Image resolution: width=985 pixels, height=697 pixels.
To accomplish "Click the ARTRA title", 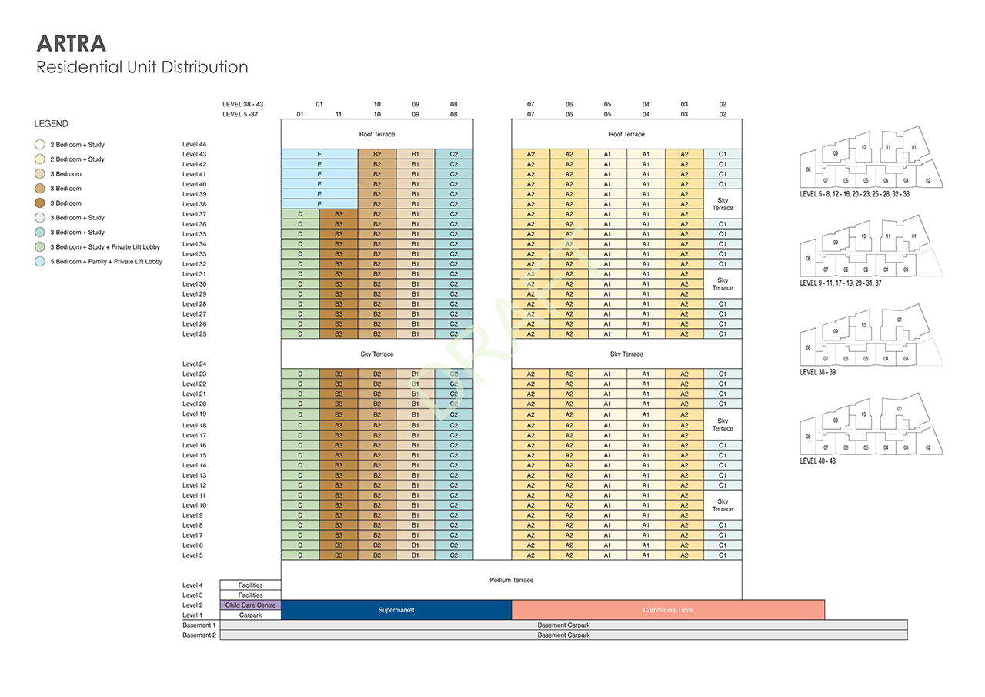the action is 72,43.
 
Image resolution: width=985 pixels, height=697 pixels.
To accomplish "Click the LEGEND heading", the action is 51,124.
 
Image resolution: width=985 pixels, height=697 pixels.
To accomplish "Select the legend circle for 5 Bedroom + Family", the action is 39,261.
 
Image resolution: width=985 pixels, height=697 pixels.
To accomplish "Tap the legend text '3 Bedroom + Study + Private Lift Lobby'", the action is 105,247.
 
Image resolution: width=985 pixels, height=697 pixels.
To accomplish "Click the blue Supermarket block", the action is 396,610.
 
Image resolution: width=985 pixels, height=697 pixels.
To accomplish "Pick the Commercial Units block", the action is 668,610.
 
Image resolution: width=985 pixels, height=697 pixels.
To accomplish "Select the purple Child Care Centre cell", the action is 250,605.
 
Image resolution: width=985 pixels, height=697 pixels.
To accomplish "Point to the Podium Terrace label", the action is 512,580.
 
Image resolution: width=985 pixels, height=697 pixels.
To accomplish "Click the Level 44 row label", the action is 195,144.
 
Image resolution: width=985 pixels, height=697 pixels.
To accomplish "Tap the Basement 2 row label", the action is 199,635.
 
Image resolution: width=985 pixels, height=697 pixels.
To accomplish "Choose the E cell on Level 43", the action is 319,154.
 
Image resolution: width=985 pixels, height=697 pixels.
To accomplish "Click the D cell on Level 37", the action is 300,214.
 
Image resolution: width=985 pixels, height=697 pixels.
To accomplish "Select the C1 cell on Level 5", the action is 723,555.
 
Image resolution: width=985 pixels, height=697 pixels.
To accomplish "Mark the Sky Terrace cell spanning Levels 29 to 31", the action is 723,284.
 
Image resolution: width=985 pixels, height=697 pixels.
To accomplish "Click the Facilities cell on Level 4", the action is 250,585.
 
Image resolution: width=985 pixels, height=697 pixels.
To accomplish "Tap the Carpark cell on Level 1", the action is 250,615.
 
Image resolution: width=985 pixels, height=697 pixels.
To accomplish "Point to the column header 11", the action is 339,115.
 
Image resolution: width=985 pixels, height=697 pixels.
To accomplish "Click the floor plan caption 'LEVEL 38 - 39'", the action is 817,372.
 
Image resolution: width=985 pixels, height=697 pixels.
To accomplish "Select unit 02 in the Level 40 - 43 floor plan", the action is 928,447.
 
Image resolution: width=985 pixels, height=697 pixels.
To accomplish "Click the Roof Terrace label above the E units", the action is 377,134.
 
